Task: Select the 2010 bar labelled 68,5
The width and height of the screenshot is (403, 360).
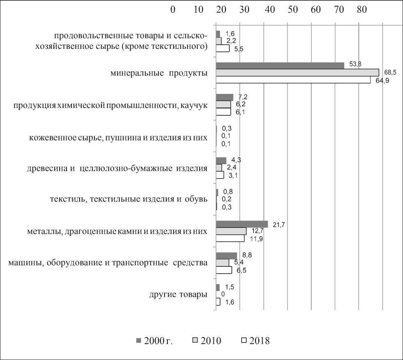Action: click(297, 73)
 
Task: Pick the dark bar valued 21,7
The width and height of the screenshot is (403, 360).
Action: click(242, 224)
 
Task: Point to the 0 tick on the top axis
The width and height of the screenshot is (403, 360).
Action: click(173, 9)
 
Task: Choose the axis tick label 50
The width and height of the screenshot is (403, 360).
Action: click(293, 9)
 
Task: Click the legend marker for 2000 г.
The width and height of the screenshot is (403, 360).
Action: click(138, 340)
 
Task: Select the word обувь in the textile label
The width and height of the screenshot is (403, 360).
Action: click(195, 200)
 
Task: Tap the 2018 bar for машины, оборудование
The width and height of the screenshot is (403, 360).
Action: click(224, 270)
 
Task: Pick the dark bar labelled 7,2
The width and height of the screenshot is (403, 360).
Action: click(224, 97)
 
